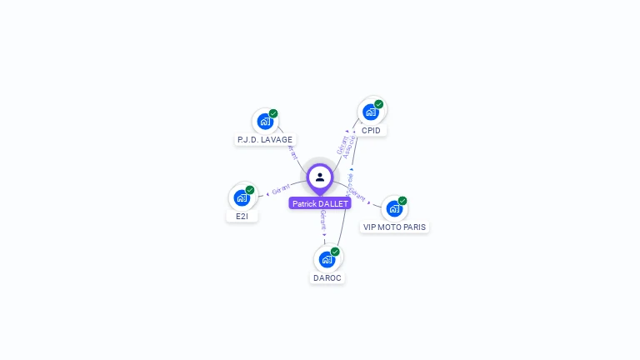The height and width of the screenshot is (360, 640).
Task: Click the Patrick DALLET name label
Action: pyautogui.click(x=320, y=203)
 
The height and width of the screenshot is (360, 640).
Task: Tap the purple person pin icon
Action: pyautogui.click(x=320, y=177)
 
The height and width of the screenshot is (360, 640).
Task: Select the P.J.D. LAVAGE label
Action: pyautogui.click(x=265, y=140)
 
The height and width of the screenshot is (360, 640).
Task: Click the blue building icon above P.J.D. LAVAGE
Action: pyautogui.click(x=265, y=122)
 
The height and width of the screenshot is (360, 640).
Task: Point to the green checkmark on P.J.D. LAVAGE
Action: pyautogui.click(x=273, y=113)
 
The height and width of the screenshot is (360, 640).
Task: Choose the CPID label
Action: pyautogui.click(x=371, y=131)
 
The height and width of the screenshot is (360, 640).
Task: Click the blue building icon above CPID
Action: pyautogui.click(x=371, y=112)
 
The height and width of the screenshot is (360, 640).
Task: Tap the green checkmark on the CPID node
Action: pyautogui.click(x=379, y=104)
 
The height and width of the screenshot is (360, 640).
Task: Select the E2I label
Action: pyautogui.click(x=242, y=216)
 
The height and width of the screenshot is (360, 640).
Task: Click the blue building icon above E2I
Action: pyautogui.click(x=242, y=197)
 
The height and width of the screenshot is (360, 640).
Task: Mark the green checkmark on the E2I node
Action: pyautogui.click(x=250, y=190)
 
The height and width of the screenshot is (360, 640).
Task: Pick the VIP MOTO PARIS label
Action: pyautogui.click(x=394, y=227)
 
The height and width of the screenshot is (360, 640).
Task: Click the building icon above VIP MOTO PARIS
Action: pyautogui.click(x=394, y=208)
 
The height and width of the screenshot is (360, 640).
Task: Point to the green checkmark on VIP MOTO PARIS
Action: pyautogui.click(x=402, y=201)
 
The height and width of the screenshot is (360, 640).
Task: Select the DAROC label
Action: pyautogui.click(x=327, y=277)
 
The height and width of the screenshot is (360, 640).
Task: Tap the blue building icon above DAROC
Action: pyautogui.click(x=327, y=258)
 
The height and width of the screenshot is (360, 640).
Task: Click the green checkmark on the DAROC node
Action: pyautogui.click(x=335, y=251)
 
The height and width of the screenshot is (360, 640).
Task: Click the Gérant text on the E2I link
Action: pyautogui.click(x=280, y=190)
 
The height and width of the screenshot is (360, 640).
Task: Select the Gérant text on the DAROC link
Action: pyautogui.click(x=322, y=219)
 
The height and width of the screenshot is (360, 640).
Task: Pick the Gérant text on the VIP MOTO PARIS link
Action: pyautogui.click(x=357, y=194)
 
